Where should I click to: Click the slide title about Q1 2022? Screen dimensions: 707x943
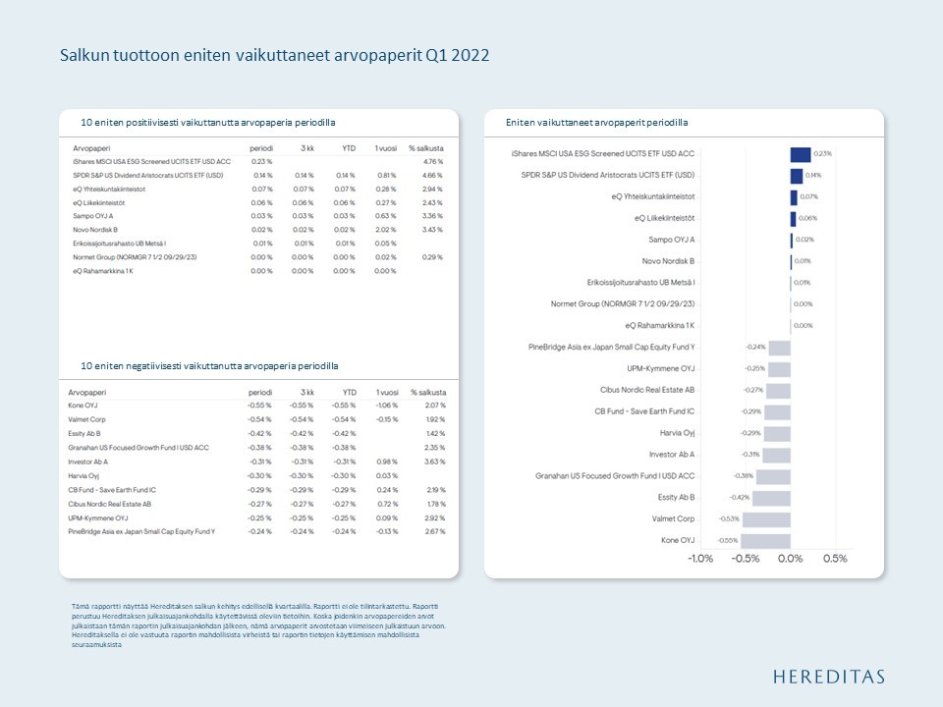274,55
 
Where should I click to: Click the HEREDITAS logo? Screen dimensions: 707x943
828,676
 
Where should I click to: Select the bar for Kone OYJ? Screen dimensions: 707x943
765,540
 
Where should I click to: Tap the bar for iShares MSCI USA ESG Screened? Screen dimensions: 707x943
801,154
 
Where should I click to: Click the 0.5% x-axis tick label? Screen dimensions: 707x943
834,559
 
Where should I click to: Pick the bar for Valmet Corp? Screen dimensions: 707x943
766,518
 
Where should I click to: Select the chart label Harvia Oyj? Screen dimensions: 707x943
677,433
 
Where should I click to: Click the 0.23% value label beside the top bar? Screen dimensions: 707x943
823,154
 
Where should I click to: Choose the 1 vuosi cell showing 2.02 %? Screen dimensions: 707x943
385,229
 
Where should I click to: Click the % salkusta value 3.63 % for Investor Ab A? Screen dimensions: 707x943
433,461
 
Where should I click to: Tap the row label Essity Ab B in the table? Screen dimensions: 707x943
84,433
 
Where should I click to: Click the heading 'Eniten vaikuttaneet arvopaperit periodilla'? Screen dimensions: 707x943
596,123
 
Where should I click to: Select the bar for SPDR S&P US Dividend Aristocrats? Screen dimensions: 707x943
797,176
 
